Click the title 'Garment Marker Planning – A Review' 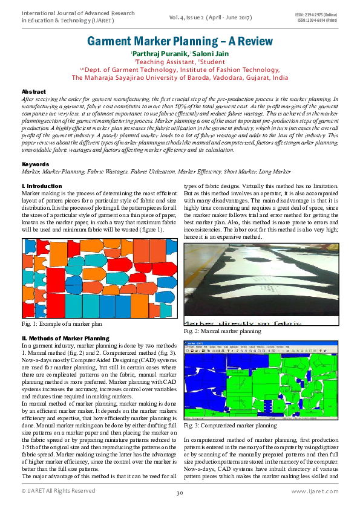pos(180,42)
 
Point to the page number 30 pos(180,493)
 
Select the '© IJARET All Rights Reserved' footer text pos(58,491)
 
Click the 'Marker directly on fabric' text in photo pos(242,323)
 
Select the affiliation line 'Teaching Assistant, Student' pos(180,62)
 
